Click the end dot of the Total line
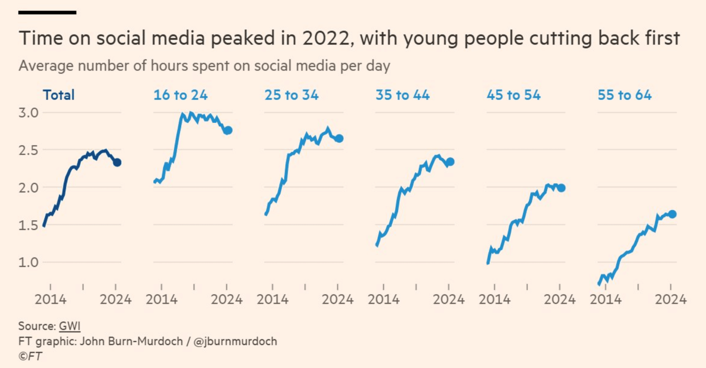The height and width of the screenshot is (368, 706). pyautogui.click(x=117, y=162)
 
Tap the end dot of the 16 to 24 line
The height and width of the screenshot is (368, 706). pyautogui.click(x=228, y=130)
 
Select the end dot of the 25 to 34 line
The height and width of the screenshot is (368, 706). pyautogui.click(x=339, y=139)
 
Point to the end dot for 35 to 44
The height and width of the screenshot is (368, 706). pyautogui.click(x=450, y=162)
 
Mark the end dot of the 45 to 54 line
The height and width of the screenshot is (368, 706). pyautogui.click(x=561, y=188)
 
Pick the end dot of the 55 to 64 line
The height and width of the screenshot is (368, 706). pyautogui.click(x=672, y=214)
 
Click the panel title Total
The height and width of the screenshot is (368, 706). pyautogui.click(x=59, y=95)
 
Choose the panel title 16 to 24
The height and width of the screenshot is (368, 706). pyautogui.click(x=181, y=95)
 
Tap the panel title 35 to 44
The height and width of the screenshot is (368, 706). pyautogui.click(x=403, y=95)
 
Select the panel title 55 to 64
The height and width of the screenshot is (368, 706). pyautogui.click(x=625, y=95)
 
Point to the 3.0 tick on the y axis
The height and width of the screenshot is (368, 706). pyautogui.click(x=29, y=113)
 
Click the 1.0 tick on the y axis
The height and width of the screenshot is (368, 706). pyautogui.click(x=29, y=262)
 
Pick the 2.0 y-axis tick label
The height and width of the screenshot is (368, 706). pyautogui.click(x=29, y=188)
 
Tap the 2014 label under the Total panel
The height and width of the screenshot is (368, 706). pyautogui.click(x=50, y=300)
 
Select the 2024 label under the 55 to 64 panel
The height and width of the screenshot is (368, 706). pyautogui.click(x=671, y=300)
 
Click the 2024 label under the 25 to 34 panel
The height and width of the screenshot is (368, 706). pyautogui.click(x=338, y=300)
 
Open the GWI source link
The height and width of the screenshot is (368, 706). pyautogui.click(x=69, y=326)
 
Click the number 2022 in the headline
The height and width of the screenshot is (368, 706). pyautogui.click(x=326, y=38)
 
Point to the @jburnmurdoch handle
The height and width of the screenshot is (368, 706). pyautogui.click(x=235, y=342)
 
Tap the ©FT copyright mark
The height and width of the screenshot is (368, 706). pyautogui.click(x=30, y=356)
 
